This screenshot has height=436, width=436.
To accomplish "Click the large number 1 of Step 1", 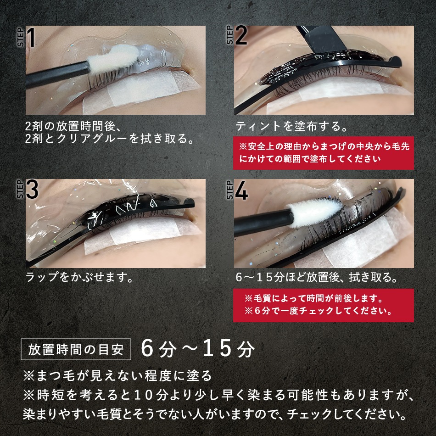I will pos(31,38).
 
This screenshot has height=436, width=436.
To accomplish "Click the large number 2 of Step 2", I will pos(240,37).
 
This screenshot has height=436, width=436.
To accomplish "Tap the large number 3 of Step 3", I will pos(31,190).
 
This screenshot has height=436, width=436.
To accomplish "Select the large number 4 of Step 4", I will pos(241,190).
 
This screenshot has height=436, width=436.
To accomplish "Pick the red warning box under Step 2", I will pos(323,152).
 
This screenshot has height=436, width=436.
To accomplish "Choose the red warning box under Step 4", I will pos(323,305).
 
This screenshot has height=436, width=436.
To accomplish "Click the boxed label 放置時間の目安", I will pos(76,349).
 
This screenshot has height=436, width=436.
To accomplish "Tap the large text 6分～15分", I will pos(197,349).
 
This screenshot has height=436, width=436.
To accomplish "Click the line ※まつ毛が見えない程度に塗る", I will pos(117,376).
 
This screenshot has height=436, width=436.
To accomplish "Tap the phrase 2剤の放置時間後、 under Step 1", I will pos(73,126).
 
